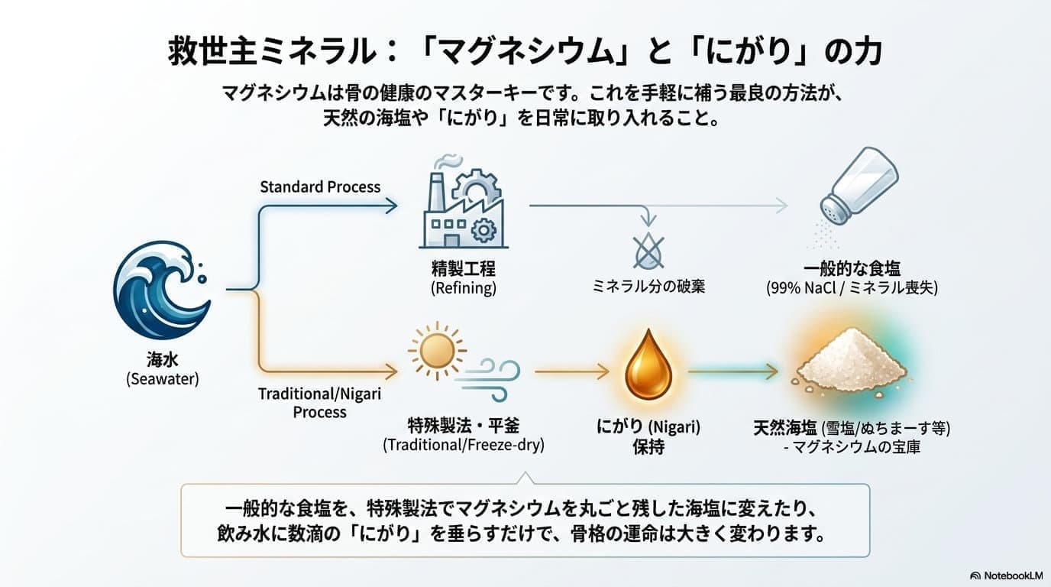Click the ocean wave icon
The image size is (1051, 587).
click(162, 290)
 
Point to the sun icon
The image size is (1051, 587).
click(437, 351)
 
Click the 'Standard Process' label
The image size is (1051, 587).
click(320, 187)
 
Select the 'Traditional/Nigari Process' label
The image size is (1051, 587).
click(319, 403)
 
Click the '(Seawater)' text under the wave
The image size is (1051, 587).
click(163, 378)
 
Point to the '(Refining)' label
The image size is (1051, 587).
click(464, 287)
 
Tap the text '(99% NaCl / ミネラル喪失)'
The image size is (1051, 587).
click(852, 287)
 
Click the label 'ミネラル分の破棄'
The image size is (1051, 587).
click(648, 287)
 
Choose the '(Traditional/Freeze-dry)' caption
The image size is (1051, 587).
click(464, 444)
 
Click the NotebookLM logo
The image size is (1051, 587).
click(1006, 576)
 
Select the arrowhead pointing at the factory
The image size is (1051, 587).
click(391, 206)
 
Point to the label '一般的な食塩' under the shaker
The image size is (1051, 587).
click(852, 268)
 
